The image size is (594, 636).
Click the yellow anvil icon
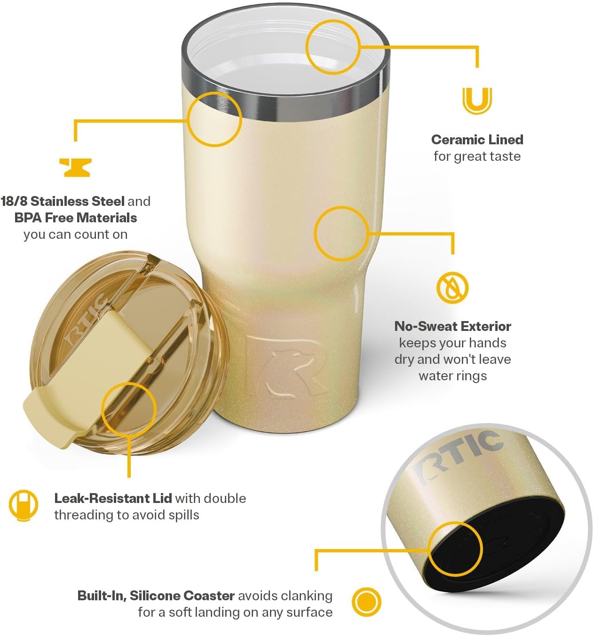pyautogui.click(x=75, y=167)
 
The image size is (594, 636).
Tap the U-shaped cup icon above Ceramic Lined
pyautogui.click(x=476, y=101)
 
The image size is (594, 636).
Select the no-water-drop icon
pyautogui.click(x=452, y=287)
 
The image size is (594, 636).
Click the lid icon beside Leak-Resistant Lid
pyautogui.click(x=23, y=505)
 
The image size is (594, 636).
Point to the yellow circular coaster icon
pyautogui.click(x=366, y=602)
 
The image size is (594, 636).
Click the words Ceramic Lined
pyautogui.click(x=477, y=140)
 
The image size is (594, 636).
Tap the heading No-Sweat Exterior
pyautogui.click(x=452, y=326)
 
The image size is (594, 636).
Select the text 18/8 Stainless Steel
pyautogui.click(x=63, y=201)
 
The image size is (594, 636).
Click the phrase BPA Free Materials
pyautogui.click(x=75, y=218)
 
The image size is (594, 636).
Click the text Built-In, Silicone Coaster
pyautogui.click(x=156, y=596)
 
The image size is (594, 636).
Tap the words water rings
pyautogui.click(x=452, y=376)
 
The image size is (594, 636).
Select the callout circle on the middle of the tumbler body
pyautogui.click(x=341, y=234)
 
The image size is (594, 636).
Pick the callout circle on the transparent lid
pyautogui.click(x=128, y=408)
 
